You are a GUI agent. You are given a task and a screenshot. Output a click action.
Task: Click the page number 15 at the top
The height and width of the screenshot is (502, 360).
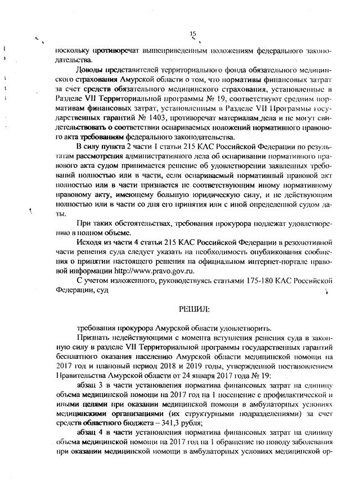(193, 34)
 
